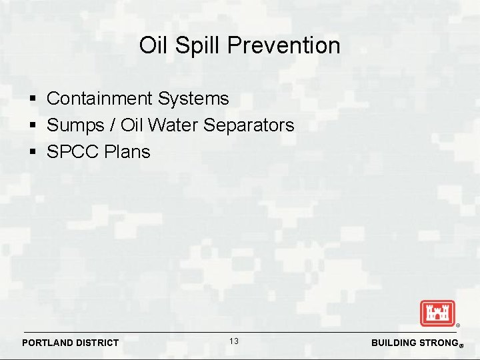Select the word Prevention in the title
[284, 45]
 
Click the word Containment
[100, 99]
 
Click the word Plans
[127, 152]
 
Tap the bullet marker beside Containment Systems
[33, 99]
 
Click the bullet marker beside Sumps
[33, 126]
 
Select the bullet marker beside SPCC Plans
[33, 153]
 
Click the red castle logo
[437, 313]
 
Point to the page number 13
[234, 341]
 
